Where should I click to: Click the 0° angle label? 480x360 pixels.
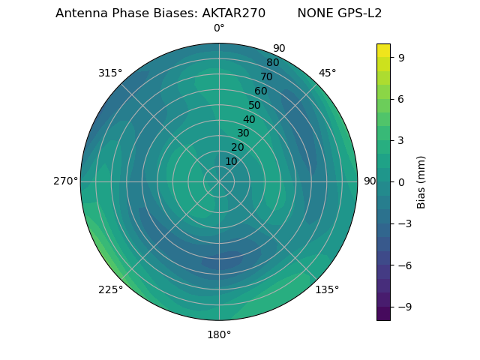click(x=219, y=28)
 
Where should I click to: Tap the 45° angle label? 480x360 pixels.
click(x=327, y=73)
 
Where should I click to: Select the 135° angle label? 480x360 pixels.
click(x=327, y=289)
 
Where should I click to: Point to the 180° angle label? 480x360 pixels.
click(x=219, y=334)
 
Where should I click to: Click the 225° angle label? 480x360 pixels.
click(x=110, y=290)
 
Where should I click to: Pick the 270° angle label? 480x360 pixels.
click(x=65, y=181)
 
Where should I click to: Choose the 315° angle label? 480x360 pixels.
click(x=110, y=73)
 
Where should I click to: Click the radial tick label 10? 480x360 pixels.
click(x=231, y=161)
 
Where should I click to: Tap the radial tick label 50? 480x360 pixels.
click(x=254, y=105)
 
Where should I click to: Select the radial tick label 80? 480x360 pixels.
click(x=272, y=63)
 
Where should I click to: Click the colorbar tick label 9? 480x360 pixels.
click(x=400, y=56)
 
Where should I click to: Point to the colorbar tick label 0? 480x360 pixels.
click(x=400, y=181)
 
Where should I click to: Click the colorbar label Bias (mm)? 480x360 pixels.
click(x=421, y=181)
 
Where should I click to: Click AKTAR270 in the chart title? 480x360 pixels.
click(x=233, y=13)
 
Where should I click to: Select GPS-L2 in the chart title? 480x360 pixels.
click(x=360, y=13)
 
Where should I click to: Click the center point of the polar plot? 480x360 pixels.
click(x=219, y=181)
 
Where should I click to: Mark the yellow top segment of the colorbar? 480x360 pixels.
click(x=383, y=50)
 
